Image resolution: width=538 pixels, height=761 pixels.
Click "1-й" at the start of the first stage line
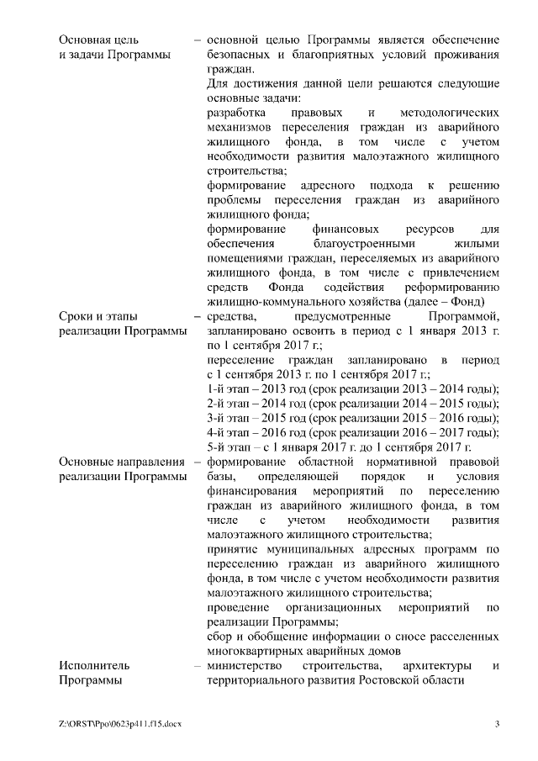tap(216, 388)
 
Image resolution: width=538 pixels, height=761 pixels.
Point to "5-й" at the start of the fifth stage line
tap(216, 447)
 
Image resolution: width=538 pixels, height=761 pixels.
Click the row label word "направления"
tap(148, 461)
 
